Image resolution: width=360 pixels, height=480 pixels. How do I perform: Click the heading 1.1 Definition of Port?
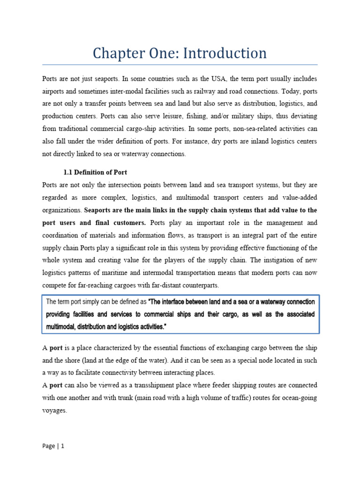point(96,172)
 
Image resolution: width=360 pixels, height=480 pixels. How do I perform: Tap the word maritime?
point(135,273)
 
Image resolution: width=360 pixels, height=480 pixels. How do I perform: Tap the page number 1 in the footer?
point(62,446)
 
